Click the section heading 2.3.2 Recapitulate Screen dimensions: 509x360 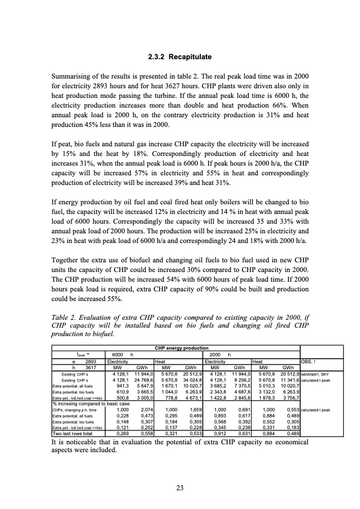(x=180, y=57)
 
